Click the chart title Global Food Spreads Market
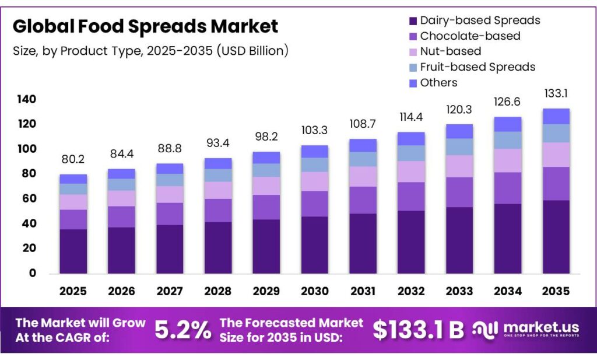coord(145,26)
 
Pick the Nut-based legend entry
coord(450,51)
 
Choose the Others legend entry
coord(438,83)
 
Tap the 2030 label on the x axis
coord(315,291)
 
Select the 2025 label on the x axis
coord(73,291)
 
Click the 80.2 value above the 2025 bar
coord(73,159)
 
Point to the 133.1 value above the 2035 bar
coord(556,93)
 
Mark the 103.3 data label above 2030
coord(315,130)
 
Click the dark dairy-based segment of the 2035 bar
coord(556,237)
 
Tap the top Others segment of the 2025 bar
coord(73,179)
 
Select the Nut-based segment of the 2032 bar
coord(412,172)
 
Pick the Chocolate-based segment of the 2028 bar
coord(218,211)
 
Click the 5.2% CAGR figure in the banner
coord(182,330)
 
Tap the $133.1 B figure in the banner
coord(418,330)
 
